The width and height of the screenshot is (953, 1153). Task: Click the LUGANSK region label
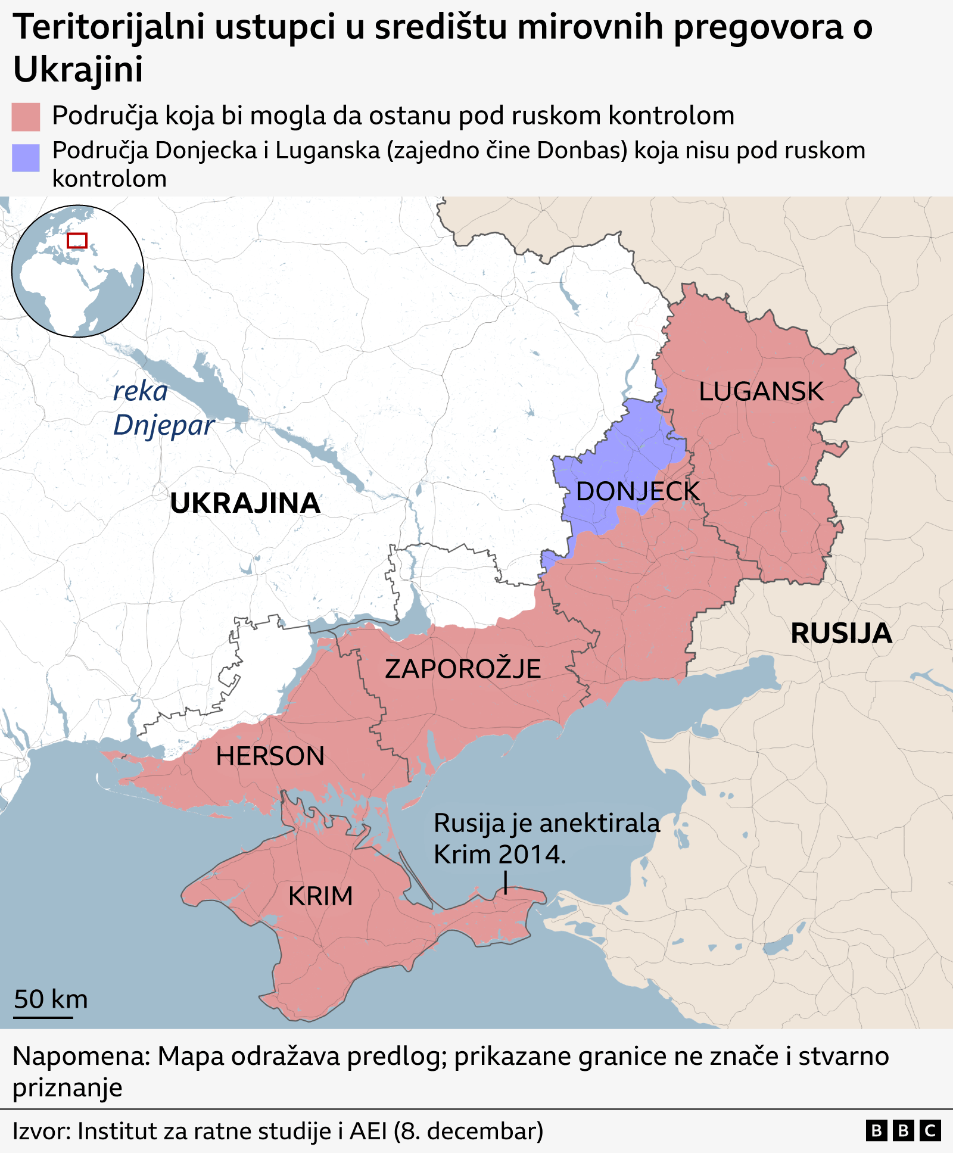click(x=761, y=392)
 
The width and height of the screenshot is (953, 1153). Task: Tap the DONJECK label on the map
click(x=637, y=492)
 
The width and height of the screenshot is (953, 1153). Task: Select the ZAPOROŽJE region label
click(x=463, y=669)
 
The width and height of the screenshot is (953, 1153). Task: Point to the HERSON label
click(x=270, y=756)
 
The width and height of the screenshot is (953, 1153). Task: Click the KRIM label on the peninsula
click(x=320, y=896)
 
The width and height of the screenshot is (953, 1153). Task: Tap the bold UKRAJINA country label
click(x=245, y=504)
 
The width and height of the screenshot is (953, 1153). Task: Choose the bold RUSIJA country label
click(x=840, y=633)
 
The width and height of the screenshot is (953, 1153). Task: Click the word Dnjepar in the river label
click(x=164, y=425)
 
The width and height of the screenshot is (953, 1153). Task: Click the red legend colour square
click(x=26, y=116)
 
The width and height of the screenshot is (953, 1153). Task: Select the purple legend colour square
click(x=26, y=158)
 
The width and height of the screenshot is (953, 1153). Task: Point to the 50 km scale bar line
click(x=43, y=1017)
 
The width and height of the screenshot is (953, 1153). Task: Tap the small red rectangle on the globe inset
click(x=77, y=241)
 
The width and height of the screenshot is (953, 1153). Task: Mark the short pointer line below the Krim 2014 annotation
click(x=506, y=882)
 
